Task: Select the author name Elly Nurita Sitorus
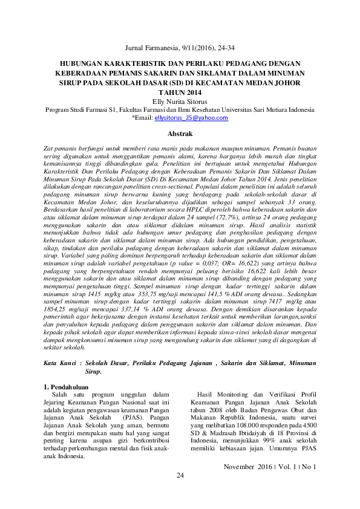pyautogui.click(x=180, y=101)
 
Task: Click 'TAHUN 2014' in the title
pyautogui.click(x=180, y=92)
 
